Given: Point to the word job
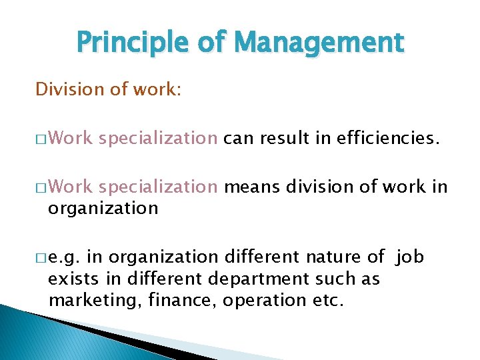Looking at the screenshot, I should [409, 256].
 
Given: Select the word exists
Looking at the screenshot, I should [71, 278].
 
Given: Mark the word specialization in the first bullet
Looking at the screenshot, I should [157, 139].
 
